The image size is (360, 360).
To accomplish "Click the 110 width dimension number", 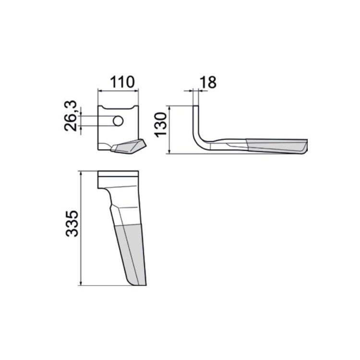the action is pyautogui.click(x=122, y=82).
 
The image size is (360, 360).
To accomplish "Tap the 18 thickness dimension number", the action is pyautogui.click(x=208, y=82).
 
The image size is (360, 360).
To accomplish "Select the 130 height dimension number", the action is pyautogui.click(x=161, y=125).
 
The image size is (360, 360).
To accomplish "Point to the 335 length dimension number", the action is pyautogui.click(x=72, y=224).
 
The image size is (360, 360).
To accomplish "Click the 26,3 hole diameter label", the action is pyautogui.click(x=70, y=116).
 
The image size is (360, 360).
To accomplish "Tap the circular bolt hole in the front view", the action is pyautogui.click(x=118, y=121).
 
